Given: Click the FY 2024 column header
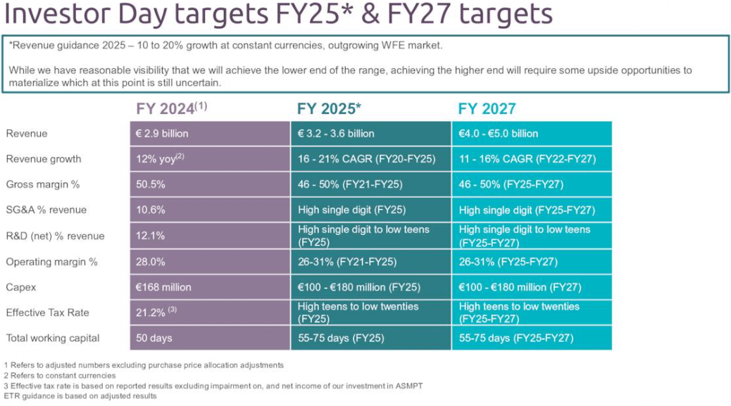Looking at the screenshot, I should [x=171, y=108].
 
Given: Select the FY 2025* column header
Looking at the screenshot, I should [x=329, y=109].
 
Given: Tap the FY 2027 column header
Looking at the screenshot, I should [x=487, y=109].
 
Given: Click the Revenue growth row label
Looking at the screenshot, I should [x=44, y=159].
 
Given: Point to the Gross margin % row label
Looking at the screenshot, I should [x=44, y=184].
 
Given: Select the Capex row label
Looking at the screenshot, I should [x=21, y=287].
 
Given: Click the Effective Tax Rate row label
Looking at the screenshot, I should [x=48, y=312].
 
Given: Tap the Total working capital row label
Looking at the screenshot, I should [x=53, y=338].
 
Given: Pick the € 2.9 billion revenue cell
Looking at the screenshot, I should [x=163, y=133].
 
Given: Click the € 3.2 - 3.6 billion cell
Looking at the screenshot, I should [x=337, y=133].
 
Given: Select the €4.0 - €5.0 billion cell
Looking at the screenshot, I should [x=499, y=133].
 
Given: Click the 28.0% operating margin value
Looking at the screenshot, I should [x=151, y=262].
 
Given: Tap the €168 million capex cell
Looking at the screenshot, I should [x=164, y=287].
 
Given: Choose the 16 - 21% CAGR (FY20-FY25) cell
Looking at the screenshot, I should [x=367, y=159].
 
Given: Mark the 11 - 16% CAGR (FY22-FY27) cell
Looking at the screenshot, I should [x=527, y=159].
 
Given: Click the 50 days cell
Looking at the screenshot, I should [x=154, y=338].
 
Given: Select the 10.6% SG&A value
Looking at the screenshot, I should [x=151, y=210].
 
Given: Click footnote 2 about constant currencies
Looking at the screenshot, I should [x=60, y=376].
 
